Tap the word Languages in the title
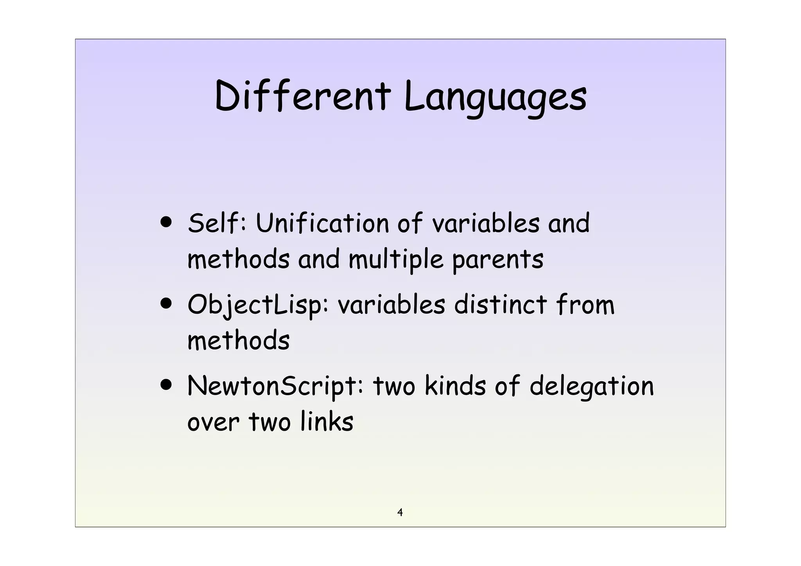click(x=495, y=98)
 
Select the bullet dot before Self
click(x=166, y=223)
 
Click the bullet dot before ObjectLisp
click(x=166, y=304)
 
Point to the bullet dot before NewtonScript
click(x=166, y=385)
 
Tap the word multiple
click(x=396, y=260)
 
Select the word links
click(x=327, y=422)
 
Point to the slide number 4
click(x=400, y=512)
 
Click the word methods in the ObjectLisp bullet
click(x=239, y=340)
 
